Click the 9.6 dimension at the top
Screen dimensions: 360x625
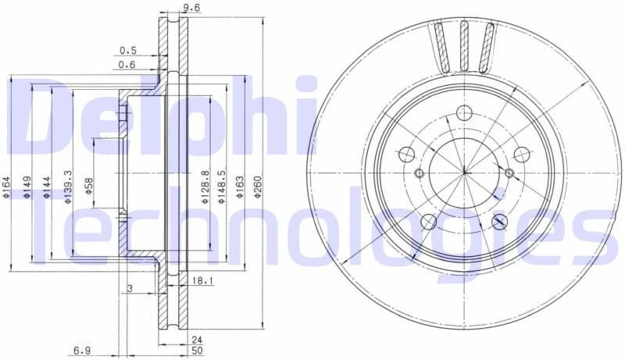[x=191, y=9]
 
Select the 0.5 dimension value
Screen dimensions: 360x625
[x=127, y=51]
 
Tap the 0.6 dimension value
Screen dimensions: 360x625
[x=127, y=66]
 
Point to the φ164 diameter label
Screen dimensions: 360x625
[x=7, y=188]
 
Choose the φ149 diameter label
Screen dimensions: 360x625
[x=27, y=188]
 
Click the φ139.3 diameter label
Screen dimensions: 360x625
[x=68, y=188]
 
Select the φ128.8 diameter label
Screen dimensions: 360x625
[x=205, y=188]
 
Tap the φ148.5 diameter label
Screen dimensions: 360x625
[x=223, y=188]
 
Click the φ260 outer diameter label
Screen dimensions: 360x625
[x=259, y=188]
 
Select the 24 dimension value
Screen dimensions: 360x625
[x=197, y=340]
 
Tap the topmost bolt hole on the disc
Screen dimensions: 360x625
[x=464, y=112]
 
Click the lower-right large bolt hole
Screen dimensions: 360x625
[x=500, y=222]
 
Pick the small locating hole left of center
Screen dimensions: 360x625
[x=419, y=173]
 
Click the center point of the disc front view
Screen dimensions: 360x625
[x=464, y=173]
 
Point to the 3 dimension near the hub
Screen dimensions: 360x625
[x=130, y=289]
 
